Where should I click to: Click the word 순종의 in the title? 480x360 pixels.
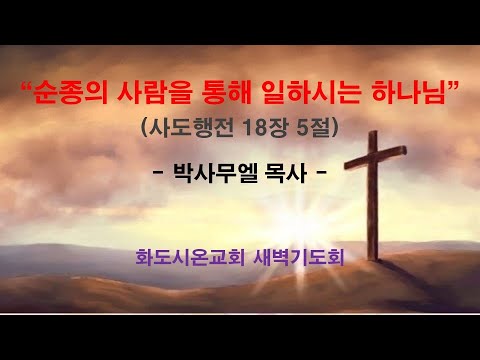coord(67,97)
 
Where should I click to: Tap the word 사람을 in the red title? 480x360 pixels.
coord(145,97)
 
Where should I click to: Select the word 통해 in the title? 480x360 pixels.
coord(219,97)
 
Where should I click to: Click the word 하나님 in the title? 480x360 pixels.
coord(406,97)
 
